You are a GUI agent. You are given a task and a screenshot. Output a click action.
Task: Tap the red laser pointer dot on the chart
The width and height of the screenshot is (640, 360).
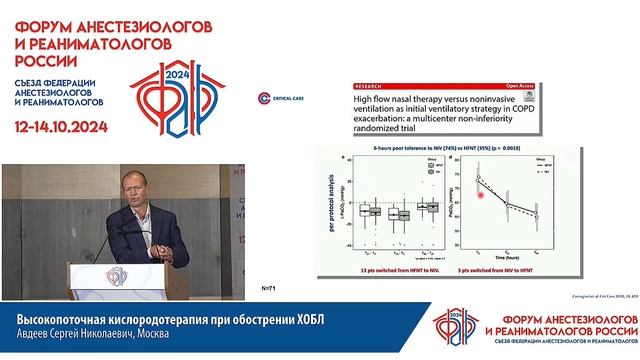pyautogui.click(x=481, y=195)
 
